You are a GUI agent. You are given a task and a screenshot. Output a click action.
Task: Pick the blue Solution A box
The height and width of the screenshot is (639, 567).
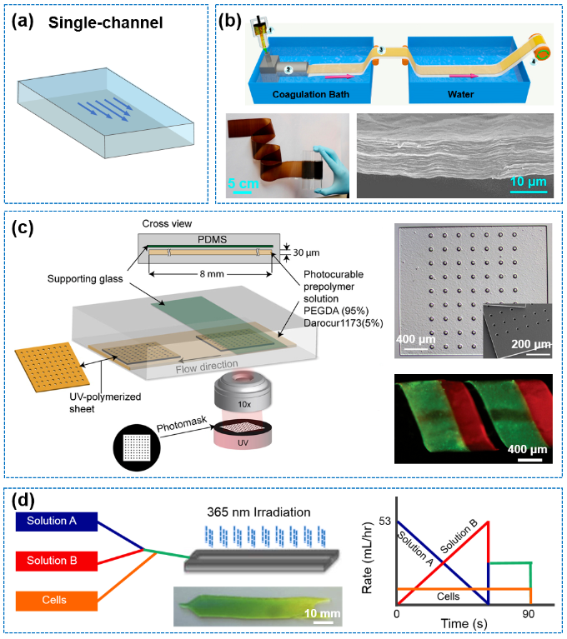tap(53, 520)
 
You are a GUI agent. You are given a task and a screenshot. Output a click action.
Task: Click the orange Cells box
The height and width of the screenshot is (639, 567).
tap(53, 600)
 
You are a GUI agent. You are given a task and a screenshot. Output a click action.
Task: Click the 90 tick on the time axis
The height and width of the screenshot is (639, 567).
tap(527, 614)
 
